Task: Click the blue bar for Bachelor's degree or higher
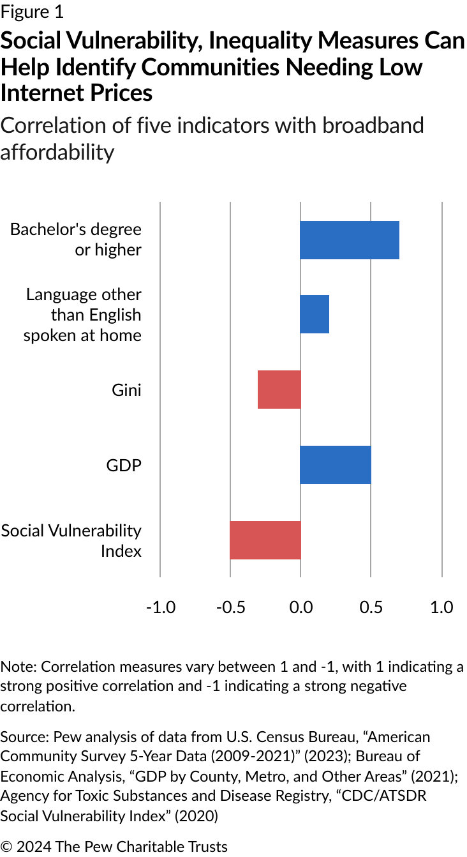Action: [x=350, y=240]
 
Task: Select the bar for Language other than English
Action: [x=315, y=314]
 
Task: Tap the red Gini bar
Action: [x=279, y=390]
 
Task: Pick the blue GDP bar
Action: [x=336, y=465]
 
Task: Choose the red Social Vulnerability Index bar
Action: [x=265, y=540]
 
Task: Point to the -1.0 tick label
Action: [x=160, y=607]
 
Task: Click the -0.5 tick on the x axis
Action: [x=230, y=607]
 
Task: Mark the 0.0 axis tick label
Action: [x=300, y=607]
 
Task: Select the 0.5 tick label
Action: [x=371, y=607]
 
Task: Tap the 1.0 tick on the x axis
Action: [x=441, y=607]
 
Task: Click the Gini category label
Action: [x=126, y=390]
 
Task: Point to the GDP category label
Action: [x=124, y=465]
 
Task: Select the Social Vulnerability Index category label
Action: [x=71, y=540]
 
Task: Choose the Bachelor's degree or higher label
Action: [x=76, y=239]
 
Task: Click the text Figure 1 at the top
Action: [x=33, y=11]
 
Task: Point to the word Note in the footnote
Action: [x=18, y=667]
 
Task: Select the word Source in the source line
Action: [x=22, y=737]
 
